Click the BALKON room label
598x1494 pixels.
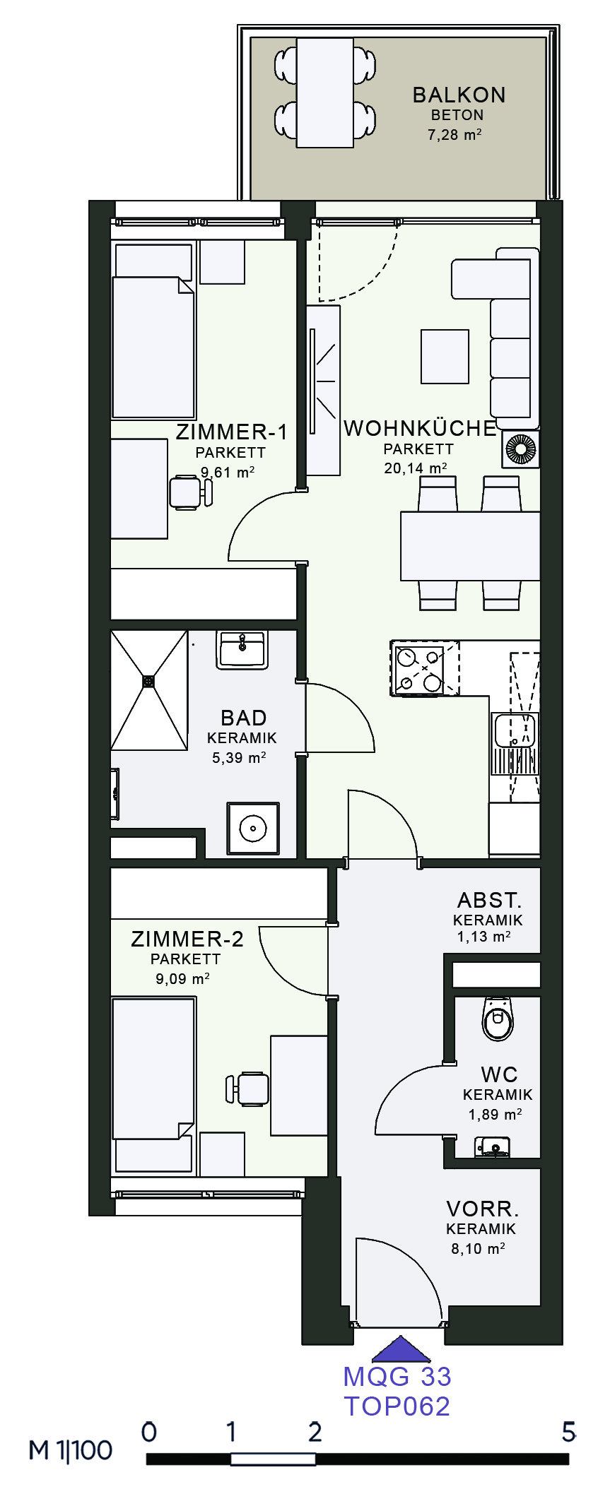click(x=459, y=95)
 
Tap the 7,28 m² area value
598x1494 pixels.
click(x=455, y=134)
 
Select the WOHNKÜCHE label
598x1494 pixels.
click(x=420, y=428)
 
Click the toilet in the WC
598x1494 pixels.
click(x=497, y=1019)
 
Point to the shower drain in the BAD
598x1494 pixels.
click(x=148, y=681)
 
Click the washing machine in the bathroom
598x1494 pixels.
click(x=252, y=828)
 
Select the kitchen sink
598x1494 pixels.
click(x=515, y=730)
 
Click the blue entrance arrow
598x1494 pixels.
click(x=401, y=1349)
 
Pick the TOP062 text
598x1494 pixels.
click(x=397, y=1406)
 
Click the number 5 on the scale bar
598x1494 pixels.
click(x=568, y=1432)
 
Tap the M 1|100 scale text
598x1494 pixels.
click(x=71, y=1450)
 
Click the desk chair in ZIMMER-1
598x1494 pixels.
click(x=189, y=492)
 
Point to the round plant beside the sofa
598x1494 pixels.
click(x=521, y=449)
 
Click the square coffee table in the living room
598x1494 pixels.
click(x=445, y=357)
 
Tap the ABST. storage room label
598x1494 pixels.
click(x=489, y=901)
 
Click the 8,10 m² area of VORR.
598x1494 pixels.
click(x=478, y=1248)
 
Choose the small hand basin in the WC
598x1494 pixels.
click(x=493, y=1146)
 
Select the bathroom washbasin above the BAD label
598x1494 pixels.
click(x=242, y=650)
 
